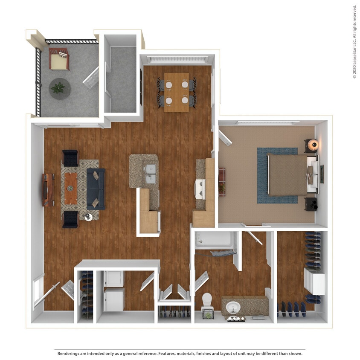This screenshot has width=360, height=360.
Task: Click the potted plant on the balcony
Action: click(59, 88)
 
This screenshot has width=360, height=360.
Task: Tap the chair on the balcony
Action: click(58, 59)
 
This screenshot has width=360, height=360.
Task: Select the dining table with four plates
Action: click(177, 92)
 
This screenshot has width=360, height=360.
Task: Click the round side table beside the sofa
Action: click(88, 217)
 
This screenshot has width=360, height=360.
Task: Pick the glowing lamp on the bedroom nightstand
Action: click(314, 145)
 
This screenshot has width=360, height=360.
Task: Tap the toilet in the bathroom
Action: click(207, 300)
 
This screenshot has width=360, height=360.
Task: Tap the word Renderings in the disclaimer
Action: click(70, 354)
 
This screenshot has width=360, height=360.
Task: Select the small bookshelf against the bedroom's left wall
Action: click(222, 181)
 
